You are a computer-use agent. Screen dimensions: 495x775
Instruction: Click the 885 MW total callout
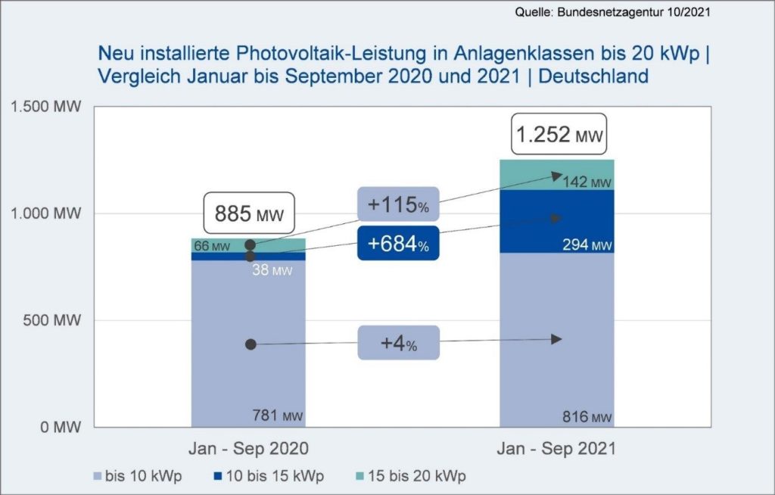coord(248,214)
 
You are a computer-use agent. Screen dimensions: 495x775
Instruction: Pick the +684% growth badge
coord(398,244)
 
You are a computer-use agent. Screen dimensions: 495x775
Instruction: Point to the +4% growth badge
coord(398,343)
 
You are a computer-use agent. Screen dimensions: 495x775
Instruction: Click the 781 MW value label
coord(277,415)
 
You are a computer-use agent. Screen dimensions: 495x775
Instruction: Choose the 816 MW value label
coord(587,417)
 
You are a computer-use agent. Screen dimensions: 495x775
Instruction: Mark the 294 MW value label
coord(587,245)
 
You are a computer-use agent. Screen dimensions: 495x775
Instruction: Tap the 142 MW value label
coord(587,182)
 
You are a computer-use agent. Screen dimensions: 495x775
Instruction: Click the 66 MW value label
coord(211,245)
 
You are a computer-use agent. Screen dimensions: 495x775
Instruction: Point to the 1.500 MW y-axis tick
coord(45,106)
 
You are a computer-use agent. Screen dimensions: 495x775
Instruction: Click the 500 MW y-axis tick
coord(55,320)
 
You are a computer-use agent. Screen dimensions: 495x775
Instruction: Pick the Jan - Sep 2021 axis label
coord(556,448)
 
